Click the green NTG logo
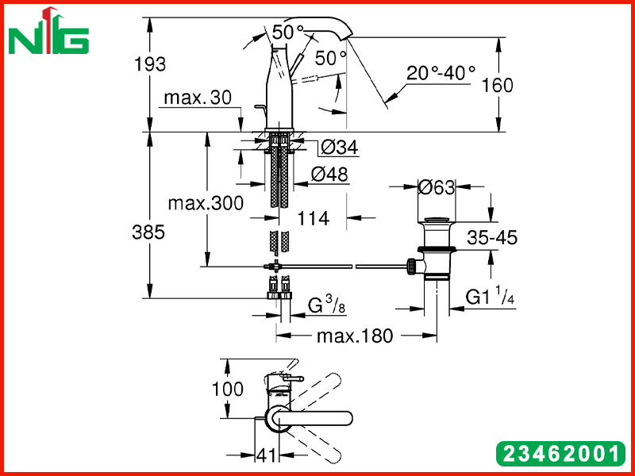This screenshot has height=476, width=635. [48, 32]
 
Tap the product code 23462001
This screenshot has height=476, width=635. [560, 454]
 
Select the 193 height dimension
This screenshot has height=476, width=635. [150, 64]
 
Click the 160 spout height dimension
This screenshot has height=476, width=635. [498, 86]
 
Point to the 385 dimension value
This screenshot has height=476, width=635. [148, 232]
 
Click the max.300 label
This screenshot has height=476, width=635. [206, 203]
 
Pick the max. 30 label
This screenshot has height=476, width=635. [198, 98]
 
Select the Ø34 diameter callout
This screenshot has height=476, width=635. [340, 148]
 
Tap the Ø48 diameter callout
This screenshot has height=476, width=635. [329, 175]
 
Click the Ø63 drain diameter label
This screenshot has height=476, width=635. [436, 187]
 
